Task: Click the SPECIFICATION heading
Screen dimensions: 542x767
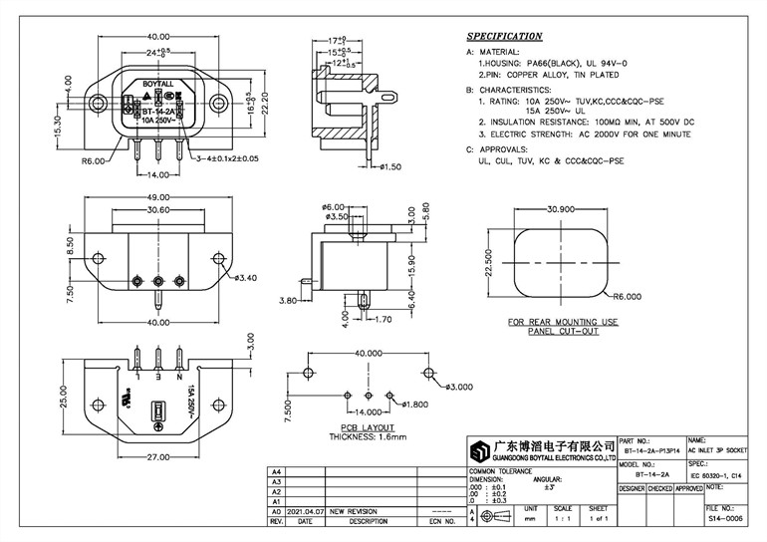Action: pyautogui.click(x=505, y=36)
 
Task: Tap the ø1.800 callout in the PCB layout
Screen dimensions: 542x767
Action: pyautogui.click(x=414, y=404)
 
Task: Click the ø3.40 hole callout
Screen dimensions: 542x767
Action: pyautogui.click(x=245, y=278)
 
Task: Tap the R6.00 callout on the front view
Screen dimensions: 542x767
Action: pyautogui.click(x=94, y=159)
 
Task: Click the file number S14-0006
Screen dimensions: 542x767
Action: pyautogui.click(x=719, y=519)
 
